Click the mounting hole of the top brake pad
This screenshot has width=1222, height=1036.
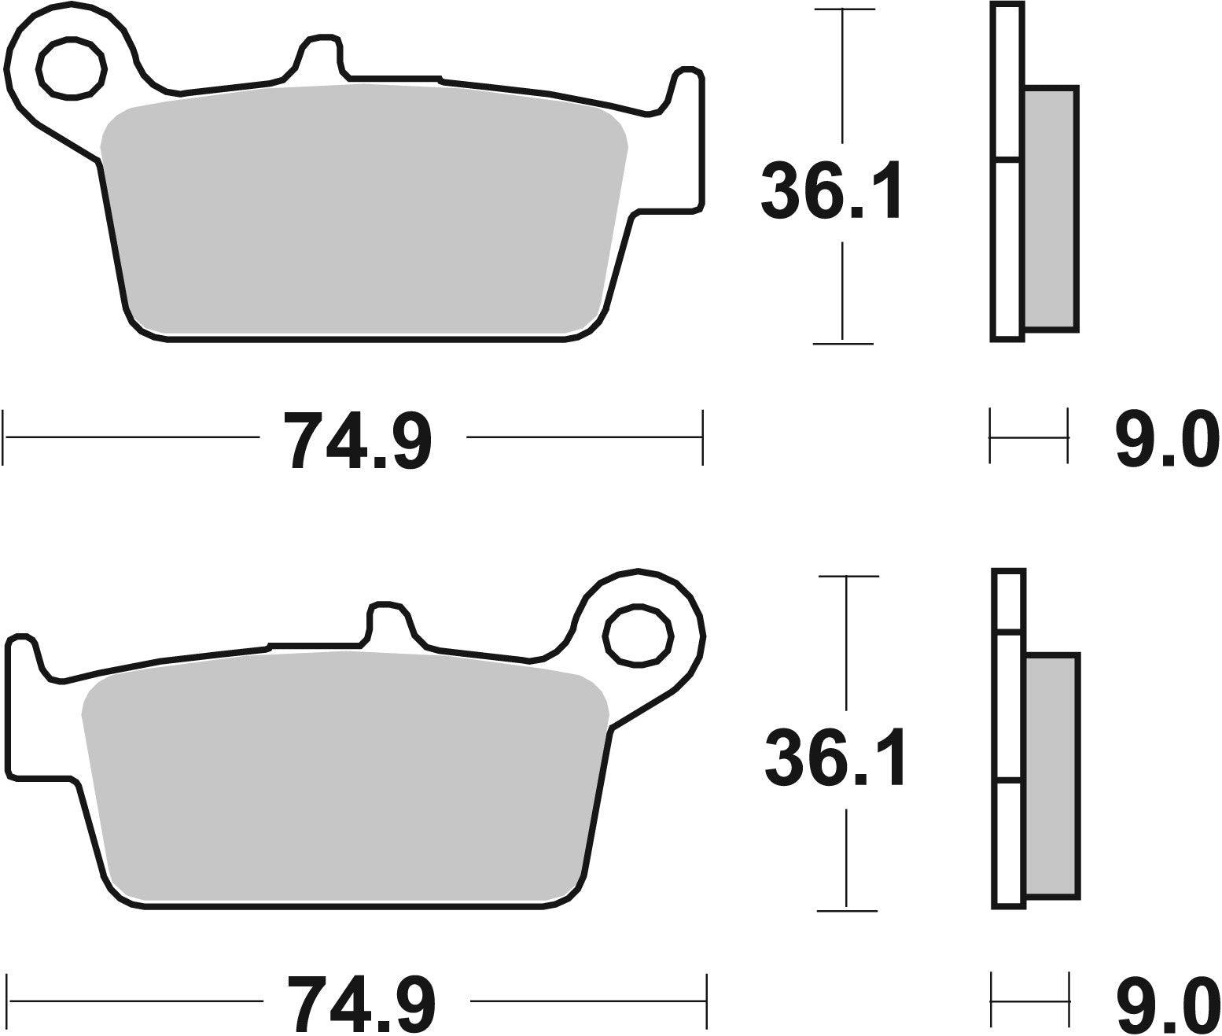tap(72, 68)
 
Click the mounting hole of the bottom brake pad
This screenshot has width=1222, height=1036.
tap(639, 636)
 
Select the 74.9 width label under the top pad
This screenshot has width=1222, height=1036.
tap(358, 441)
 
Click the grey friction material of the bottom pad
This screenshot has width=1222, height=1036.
tap(346, 779)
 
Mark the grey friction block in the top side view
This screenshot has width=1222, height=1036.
tap(1051, 208)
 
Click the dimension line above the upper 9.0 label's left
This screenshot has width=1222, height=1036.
tap(1029, 437)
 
